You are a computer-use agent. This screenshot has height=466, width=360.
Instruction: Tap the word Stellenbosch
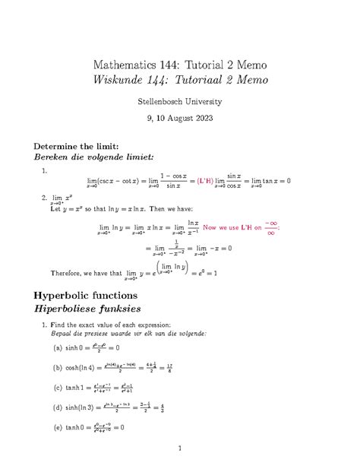point(159,100)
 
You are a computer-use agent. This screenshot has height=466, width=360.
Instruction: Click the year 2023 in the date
point(202,118)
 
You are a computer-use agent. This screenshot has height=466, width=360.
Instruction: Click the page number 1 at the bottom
point(180,449)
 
